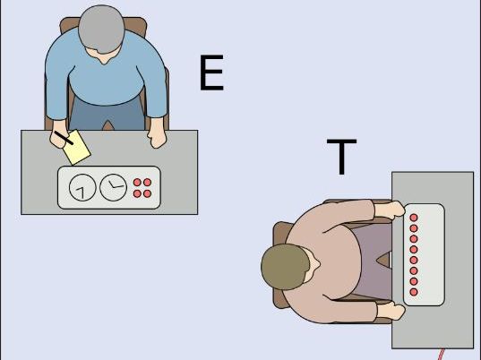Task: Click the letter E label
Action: (x=211, y=73)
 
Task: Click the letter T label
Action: (x=341, y=157)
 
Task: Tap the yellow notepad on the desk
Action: (x=77, y=148)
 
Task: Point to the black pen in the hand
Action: (x=64, y=138)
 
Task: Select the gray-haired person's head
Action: (x=101, y=30)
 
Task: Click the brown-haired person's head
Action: (x=286, y=267)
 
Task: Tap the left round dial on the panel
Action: (x=82, y=187)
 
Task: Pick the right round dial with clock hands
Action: (x=113, y=187)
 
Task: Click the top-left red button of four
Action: (x=137, y=183)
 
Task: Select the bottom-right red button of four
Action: (x=148, y=193)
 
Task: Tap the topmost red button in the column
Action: (x=414, y=218)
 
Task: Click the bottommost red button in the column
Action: (x=414, y=292)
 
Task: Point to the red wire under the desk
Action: (x=441, y=354)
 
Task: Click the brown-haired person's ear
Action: (x=315, y=263)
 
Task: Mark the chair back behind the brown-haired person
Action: (x=279, y=265)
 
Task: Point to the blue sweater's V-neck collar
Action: (x=105, y=59)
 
